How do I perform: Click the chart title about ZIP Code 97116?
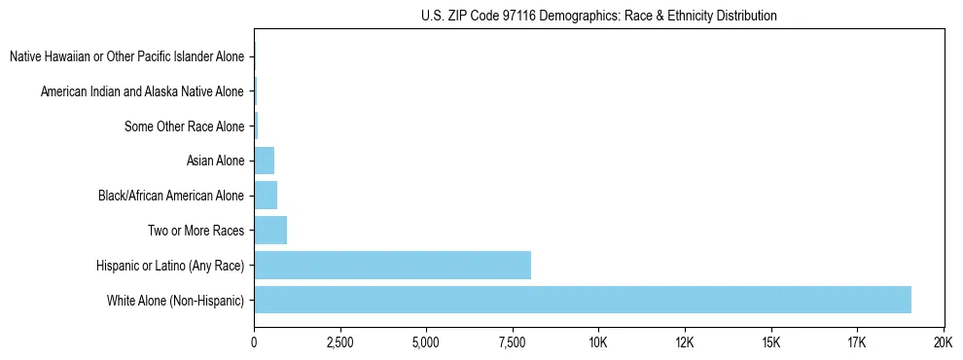[x=599, y=16]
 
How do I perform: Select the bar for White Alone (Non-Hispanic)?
[x=582, y=300]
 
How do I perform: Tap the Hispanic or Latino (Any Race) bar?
[x=392, y=265]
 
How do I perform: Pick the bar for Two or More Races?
[x=270, y=231]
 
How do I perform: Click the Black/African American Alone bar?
[x=266, y=196]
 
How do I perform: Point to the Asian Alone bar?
[x=264, y=161]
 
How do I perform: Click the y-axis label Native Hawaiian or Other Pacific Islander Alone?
[x=126, y=56]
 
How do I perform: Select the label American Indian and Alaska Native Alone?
[x=142, y=91]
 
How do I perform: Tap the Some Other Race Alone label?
[x=185, y=126]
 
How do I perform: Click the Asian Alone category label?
[x=215, y=161]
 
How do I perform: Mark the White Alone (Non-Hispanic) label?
[x=176, y=300]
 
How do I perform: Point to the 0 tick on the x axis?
[x=254, y=342]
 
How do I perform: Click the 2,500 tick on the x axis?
[x=339, y=342]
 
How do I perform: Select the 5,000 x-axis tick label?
[x=426, y=342]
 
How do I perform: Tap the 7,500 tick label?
[x=513, y=342]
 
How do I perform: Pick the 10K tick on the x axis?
[x=598, y=342]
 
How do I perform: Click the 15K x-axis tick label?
[x=770, y=342]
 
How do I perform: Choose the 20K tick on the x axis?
[x=943, y=342]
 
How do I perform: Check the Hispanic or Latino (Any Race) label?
[x=170, y=265]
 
